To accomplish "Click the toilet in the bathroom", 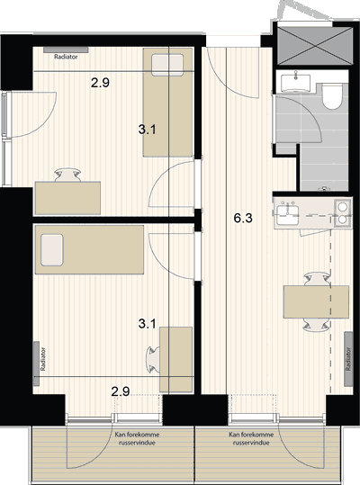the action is [332, 95].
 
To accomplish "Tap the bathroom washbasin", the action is [296, 83].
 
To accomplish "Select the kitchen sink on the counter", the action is [287, 215].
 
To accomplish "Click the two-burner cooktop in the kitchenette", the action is [342, 212].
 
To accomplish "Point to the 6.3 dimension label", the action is [243, 218].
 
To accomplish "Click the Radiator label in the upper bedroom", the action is [66, 57].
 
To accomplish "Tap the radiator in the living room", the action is [349, 359].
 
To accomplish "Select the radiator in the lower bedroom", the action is [37, 364].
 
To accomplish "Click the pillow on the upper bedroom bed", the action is [167, 65].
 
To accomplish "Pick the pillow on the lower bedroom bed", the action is [52, 250].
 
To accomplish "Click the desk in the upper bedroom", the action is [67, 198].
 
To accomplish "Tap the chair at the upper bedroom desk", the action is [67, 175].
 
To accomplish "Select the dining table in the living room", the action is [317, 302].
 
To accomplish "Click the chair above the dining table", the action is [317, 279].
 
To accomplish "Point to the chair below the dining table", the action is [317, 325].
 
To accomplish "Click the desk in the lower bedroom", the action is [176, 360].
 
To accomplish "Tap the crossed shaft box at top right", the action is [315, 46].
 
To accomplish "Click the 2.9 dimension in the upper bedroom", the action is [100, 83].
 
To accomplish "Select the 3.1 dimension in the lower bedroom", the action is [147, 324].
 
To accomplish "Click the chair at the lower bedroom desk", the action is [153, 360].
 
